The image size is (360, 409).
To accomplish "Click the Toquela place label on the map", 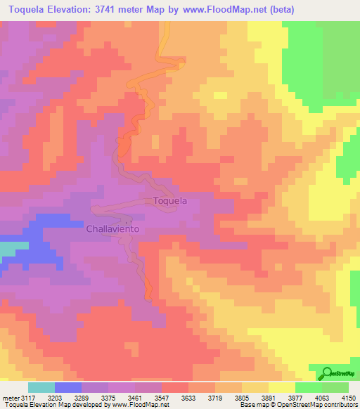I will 170,201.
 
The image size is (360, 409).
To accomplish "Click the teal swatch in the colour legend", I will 41,387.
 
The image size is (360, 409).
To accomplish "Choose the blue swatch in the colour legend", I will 68,387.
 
